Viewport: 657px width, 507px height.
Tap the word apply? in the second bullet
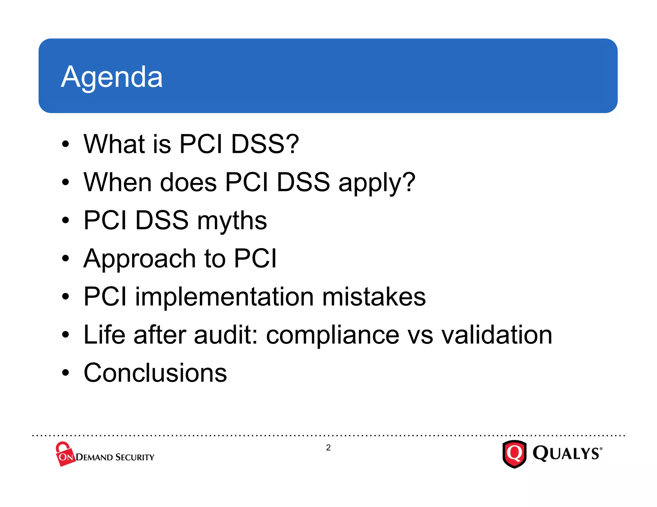377,183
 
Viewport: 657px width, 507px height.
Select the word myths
232,221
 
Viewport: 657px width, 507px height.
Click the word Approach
139,259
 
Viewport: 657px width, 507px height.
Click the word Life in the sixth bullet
104,335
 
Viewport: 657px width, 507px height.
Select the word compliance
332,335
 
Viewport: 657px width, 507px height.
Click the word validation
497,335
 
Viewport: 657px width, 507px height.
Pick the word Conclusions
155,373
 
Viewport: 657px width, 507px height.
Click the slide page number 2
328,448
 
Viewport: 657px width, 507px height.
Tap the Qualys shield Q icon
514,454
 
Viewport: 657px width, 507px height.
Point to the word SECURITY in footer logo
135,457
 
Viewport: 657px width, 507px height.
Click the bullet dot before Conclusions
65,373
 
